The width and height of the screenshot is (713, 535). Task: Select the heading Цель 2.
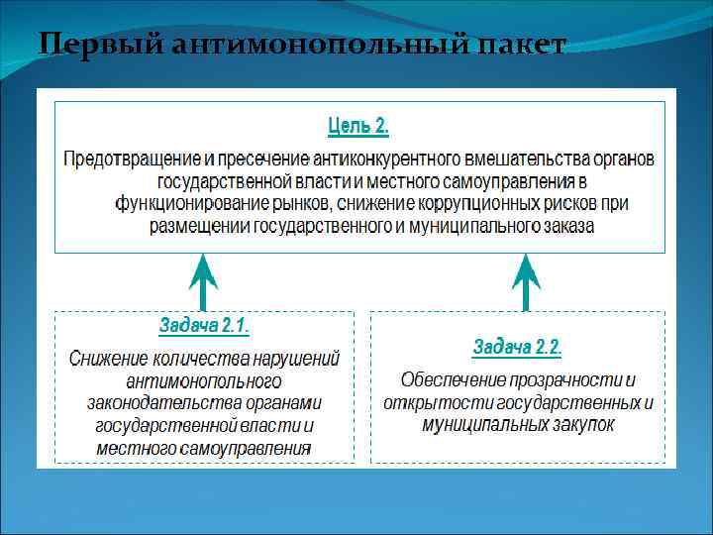point(357,127)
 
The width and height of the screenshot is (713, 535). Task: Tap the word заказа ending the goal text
point(565,227)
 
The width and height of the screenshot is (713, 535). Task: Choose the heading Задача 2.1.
point(204,326)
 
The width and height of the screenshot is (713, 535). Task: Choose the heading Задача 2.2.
point(517,348)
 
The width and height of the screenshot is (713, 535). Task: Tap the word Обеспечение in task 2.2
point(452,380)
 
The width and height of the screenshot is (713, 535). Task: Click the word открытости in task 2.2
point(431,403)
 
